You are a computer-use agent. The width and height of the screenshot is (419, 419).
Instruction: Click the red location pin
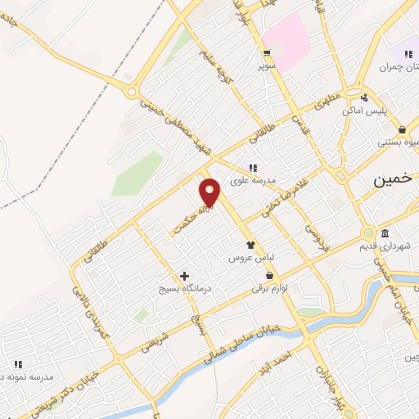click(210, 191)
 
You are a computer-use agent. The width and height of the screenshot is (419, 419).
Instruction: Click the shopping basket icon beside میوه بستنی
click(402, 129)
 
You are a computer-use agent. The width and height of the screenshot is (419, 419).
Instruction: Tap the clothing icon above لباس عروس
click(250, 244)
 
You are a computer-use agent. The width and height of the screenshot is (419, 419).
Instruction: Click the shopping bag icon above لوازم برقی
click(269, 276)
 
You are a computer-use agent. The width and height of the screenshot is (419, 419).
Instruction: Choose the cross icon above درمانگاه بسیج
click(184, 276)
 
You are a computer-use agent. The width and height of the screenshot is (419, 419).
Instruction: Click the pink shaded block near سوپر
click(286, 41)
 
